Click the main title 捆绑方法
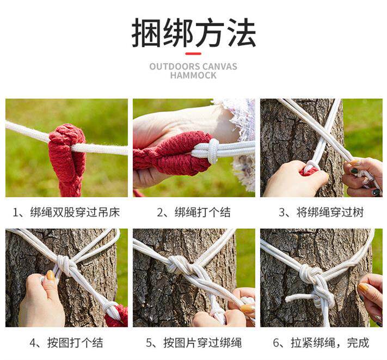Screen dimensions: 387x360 [194, 33]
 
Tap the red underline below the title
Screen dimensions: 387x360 [193, 53]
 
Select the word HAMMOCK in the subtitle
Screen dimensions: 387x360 [193, 75]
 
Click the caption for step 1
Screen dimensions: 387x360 [66, 212]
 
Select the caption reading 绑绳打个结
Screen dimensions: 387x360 [194, 212]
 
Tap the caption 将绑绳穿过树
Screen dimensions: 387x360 [321, 212]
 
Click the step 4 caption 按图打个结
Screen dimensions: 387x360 [66, 343]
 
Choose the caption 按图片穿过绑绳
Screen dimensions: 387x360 [194, 343]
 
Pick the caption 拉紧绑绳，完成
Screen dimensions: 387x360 [321, 343]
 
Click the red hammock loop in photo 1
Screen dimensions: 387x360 [67, 158]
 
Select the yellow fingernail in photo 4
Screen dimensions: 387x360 [51, 276]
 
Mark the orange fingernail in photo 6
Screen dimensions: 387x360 [363, 288]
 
